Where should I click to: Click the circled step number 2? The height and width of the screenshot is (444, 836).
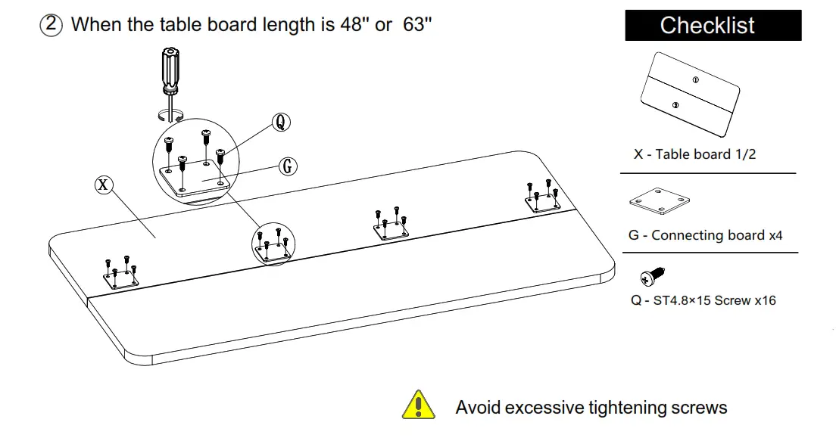51,24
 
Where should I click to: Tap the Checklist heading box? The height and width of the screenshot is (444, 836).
713,26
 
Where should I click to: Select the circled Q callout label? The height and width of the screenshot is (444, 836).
281,122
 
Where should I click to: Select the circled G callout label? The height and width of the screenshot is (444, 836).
287,166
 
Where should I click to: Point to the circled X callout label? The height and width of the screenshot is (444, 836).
103,184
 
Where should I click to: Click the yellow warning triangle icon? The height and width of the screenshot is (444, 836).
418,405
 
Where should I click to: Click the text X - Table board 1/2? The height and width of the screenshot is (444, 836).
694,154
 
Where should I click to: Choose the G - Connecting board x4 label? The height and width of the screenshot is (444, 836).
705,235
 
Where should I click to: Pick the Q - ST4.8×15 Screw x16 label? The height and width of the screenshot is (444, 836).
703,300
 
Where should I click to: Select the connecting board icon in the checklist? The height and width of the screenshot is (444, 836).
659,202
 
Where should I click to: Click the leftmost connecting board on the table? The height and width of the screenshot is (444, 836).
121,281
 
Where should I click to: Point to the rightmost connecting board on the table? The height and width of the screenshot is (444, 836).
543,202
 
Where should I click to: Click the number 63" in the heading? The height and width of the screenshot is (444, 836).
417,24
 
